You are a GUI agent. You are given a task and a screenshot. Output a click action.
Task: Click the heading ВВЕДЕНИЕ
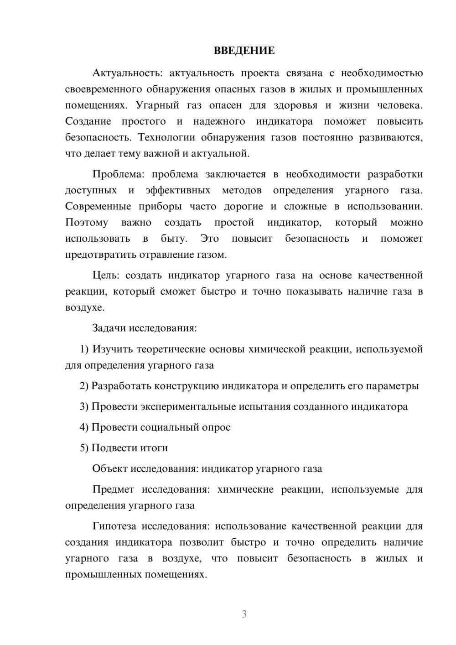pos(244,51)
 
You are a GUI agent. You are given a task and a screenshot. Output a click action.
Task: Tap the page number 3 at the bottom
pos(244,614)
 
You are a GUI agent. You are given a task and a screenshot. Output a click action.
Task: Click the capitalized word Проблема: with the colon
pos(119,174)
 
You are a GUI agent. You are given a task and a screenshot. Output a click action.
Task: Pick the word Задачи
pos(109,328)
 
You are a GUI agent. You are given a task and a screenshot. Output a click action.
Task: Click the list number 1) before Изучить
pos(84,349)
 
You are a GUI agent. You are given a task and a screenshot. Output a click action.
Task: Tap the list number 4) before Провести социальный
pos(84,427)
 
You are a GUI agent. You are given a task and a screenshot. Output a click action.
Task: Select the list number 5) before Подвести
pos(84,448)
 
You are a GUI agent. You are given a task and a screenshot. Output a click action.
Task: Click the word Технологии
pos(166,137)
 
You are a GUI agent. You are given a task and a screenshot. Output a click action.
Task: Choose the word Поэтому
pos(87,223)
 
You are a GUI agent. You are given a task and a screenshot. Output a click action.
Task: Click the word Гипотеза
pos(114,526)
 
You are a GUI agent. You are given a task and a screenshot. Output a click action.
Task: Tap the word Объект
pos(110,468)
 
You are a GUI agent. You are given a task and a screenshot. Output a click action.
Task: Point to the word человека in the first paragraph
pos(400,105)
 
